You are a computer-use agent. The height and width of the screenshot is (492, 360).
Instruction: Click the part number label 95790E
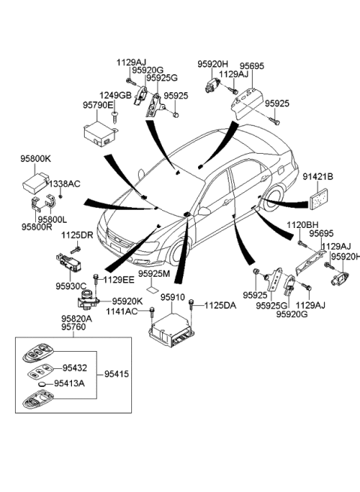pos(97,106)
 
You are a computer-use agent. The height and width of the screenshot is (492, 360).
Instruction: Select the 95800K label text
pos(35,159)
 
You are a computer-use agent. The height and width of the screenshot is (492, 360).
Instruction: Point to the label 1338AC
pos(64,183)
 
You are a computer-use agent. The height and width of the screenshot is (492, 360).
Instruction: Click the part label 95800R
pos(37,226)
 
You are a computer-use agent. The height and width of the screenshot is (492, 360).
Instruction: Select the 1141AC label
pos(121,310)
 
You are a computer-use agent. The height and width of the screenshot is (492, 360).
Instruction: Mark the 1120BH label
pos(301,224)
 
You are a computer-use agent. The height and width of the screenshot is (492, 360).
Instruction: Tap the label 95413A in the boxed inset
pos(73,383)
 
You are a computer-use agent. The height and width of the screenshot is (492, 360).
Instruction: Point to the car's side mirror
pos(203,212)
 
